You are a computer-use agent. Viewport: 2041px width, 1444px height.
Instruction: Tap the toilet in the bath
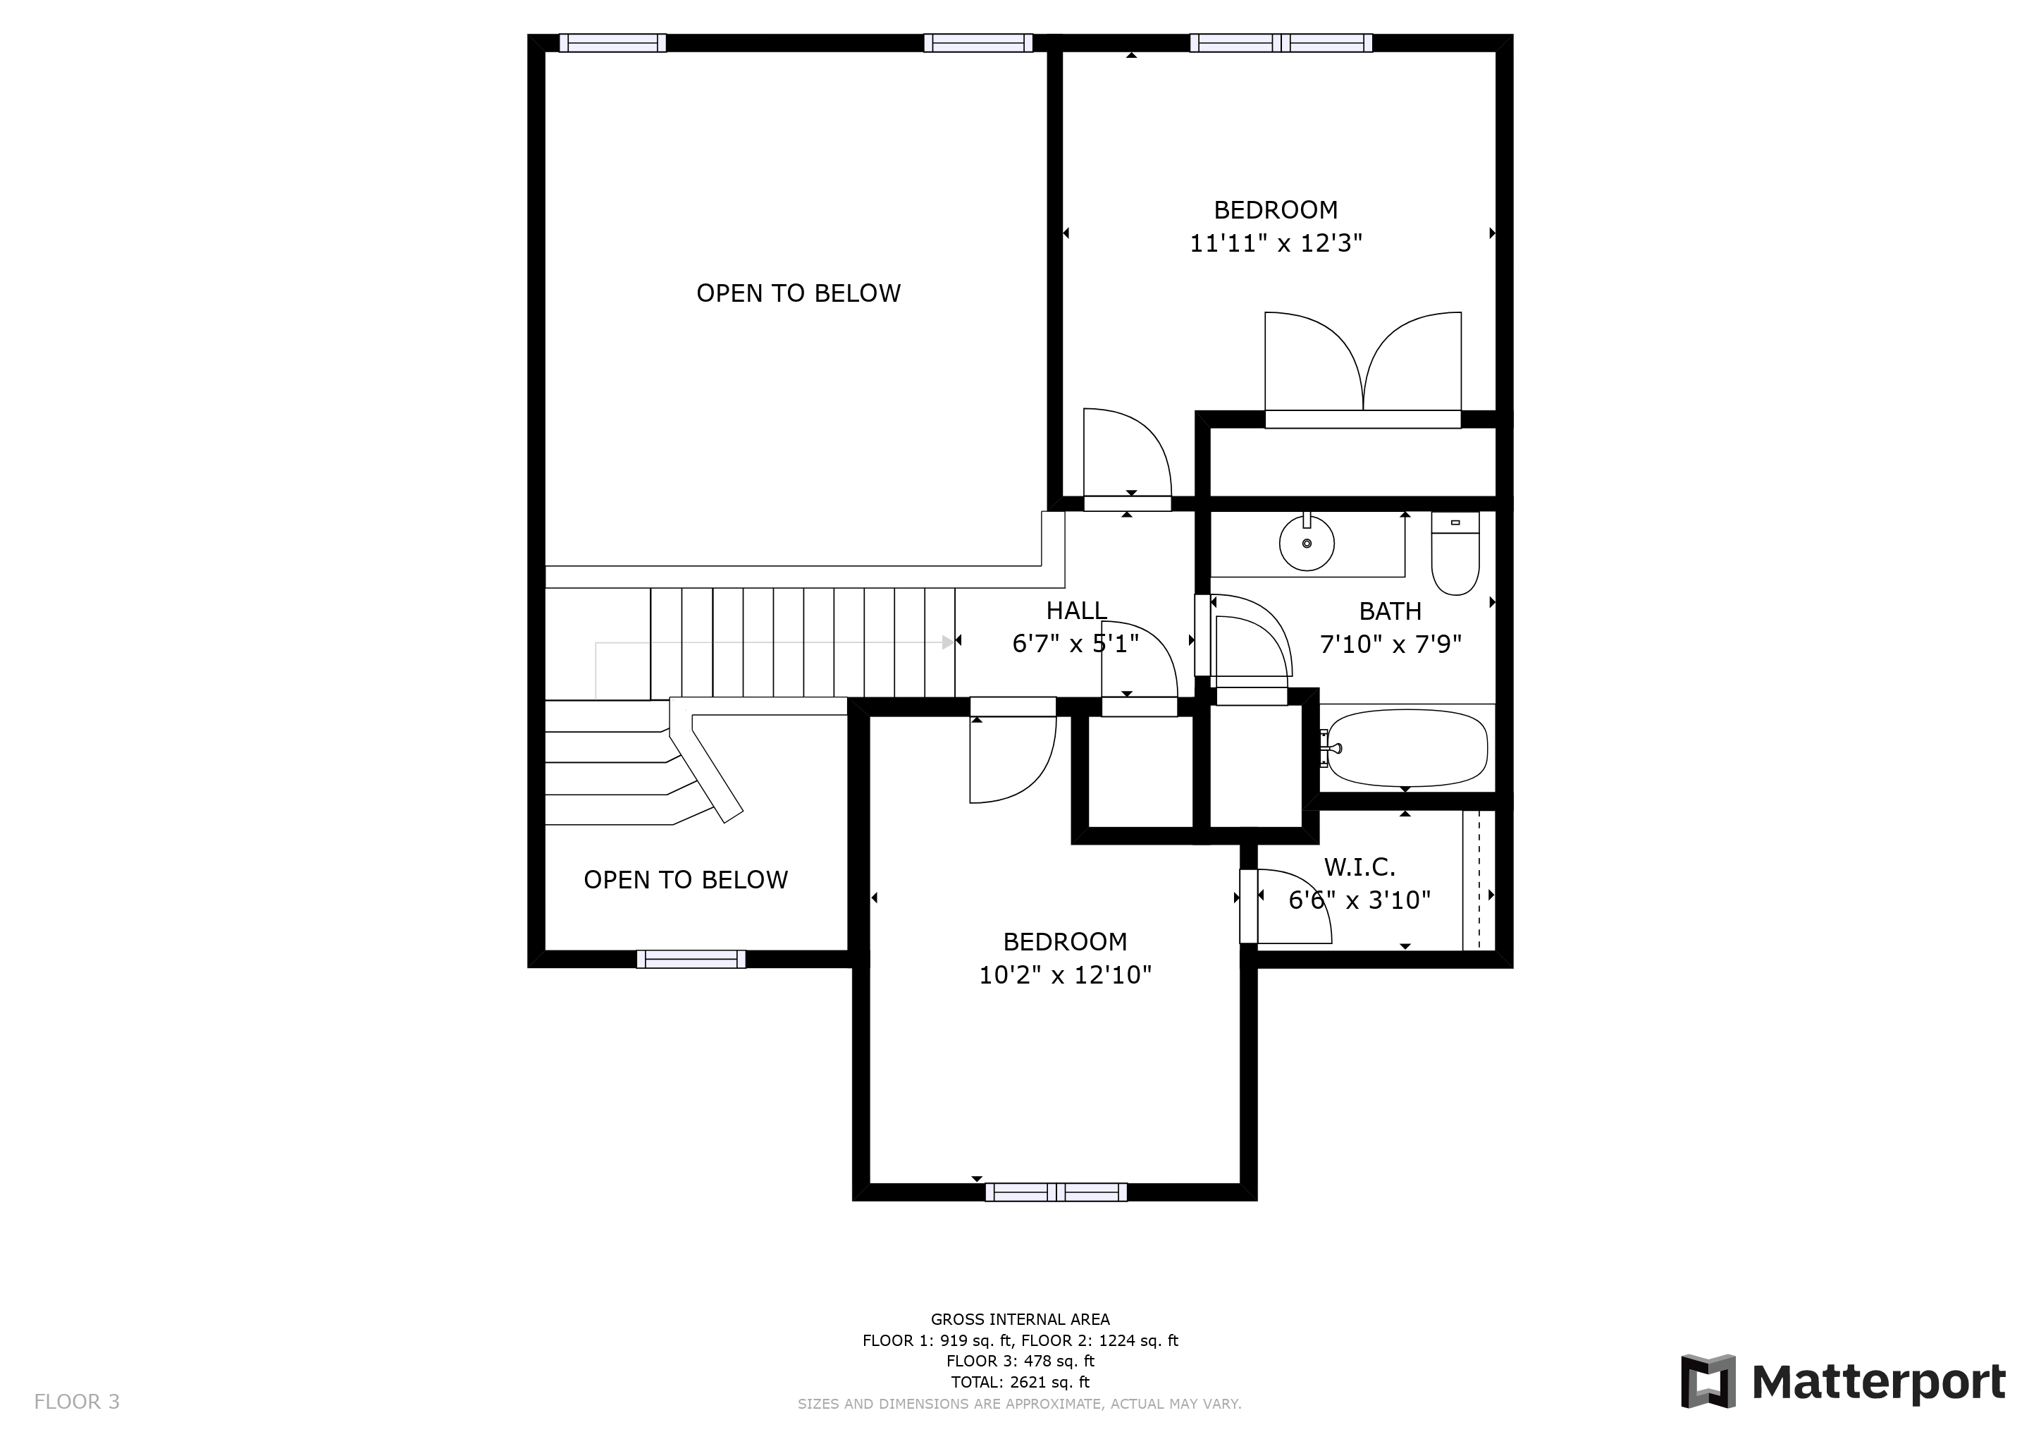pyautogui.click(x=1455, y=556)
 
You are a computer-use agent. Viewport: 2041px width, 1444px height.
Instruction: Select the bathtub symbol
pyautogui.click(x=1405, y=748)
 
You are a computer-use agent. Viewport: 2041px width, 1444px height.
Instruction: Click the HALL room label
pyautogui.click(x=1075, y=611)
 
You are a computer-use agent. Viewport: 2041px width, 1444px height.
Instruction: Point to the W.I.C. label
pyautogui.click(x=1359, y=867)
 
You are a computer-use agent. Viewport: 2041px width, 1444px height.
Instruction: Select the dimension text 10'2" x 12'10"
pyautogui.click(x=1065, y=975)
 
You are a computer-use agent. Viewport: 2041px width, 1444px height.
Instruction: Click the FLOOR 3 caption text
pyautogui.click(x=76, y=1402)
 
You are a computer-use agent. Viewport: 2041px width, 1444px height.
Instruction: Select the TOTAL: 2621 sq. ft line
pyautogui.click(x=1020, y=1382)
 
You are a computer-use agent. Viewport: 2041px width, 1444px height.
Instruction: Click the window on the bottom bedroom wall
pyautogui.click(x=1055, y=1192)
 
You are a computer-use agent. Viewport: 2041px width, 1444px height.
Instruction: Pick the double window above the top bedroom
pyautogui.click(x=1280, y=43)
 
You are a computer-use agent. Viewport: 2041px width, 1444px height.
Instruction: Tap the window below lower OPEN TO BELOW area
pyautogui.click(x=691, y=958)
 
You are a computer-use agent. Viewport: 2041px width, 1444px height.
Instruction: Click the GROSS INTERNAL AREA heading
pyautogui.click(x=1020, y=1319)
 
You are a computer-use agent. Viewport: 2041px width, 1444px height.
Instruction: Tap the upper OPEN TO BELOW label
pyautogui.click(x=798, y=293)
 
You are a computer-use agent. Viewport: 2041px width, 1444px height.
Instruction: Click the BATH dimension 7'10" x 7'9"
pyautogui.click(x=1391, y=644)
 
